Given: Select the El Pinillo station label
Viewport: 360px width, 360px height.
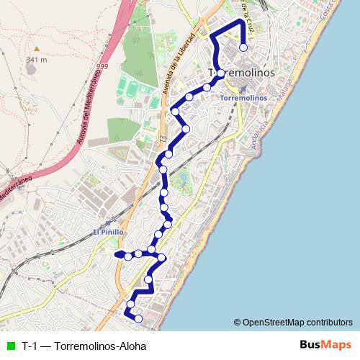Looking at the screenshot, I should [109, 232].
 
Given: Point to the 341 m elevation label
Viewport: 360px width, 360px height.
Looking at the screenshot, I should [35, 60].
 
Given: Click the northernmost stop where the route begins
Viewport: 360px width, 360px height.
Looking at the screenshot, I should [243, 48].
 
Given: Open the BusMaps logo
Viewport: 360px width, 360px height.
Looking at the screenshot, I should [326, 346].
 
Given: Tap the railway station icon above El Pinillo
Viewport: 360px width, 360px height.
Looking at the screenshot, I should [108, 222].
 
